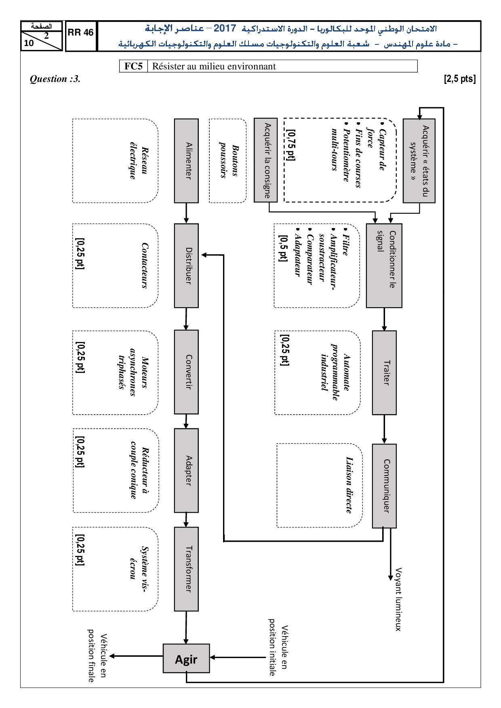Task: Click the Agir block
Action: [x=186, y=658]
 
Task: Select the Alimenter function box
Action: [x=186, y=161]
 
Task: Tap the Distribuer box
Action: [x=186, y=266]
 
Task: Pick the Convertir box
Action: [x=186, y=372]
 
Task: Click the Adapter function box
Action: [x=186, y=470]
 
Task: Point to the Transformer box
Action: [x=186, y=569]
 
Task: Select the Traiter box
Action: [x=384, y=373]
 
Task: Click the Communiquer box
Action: [x=384, y=486]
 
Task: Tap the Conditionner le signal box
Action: [x=384, y=266]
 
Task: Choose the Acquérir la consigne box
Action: [x=266, y=160]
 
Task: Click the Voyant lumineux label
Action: [x=398, y=599]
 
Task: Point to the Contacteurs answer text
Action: [x=145, y=266]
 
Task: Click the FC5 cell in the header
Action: [x=133, y=66]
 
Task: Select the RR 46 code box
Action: [x=81, y=33]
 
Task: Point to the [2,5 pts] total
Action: [x=460, y=79]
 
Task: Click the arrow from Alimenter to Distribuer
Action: [x=186, y=213]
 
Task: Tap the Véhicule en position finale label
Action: [x=97, y=658]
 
